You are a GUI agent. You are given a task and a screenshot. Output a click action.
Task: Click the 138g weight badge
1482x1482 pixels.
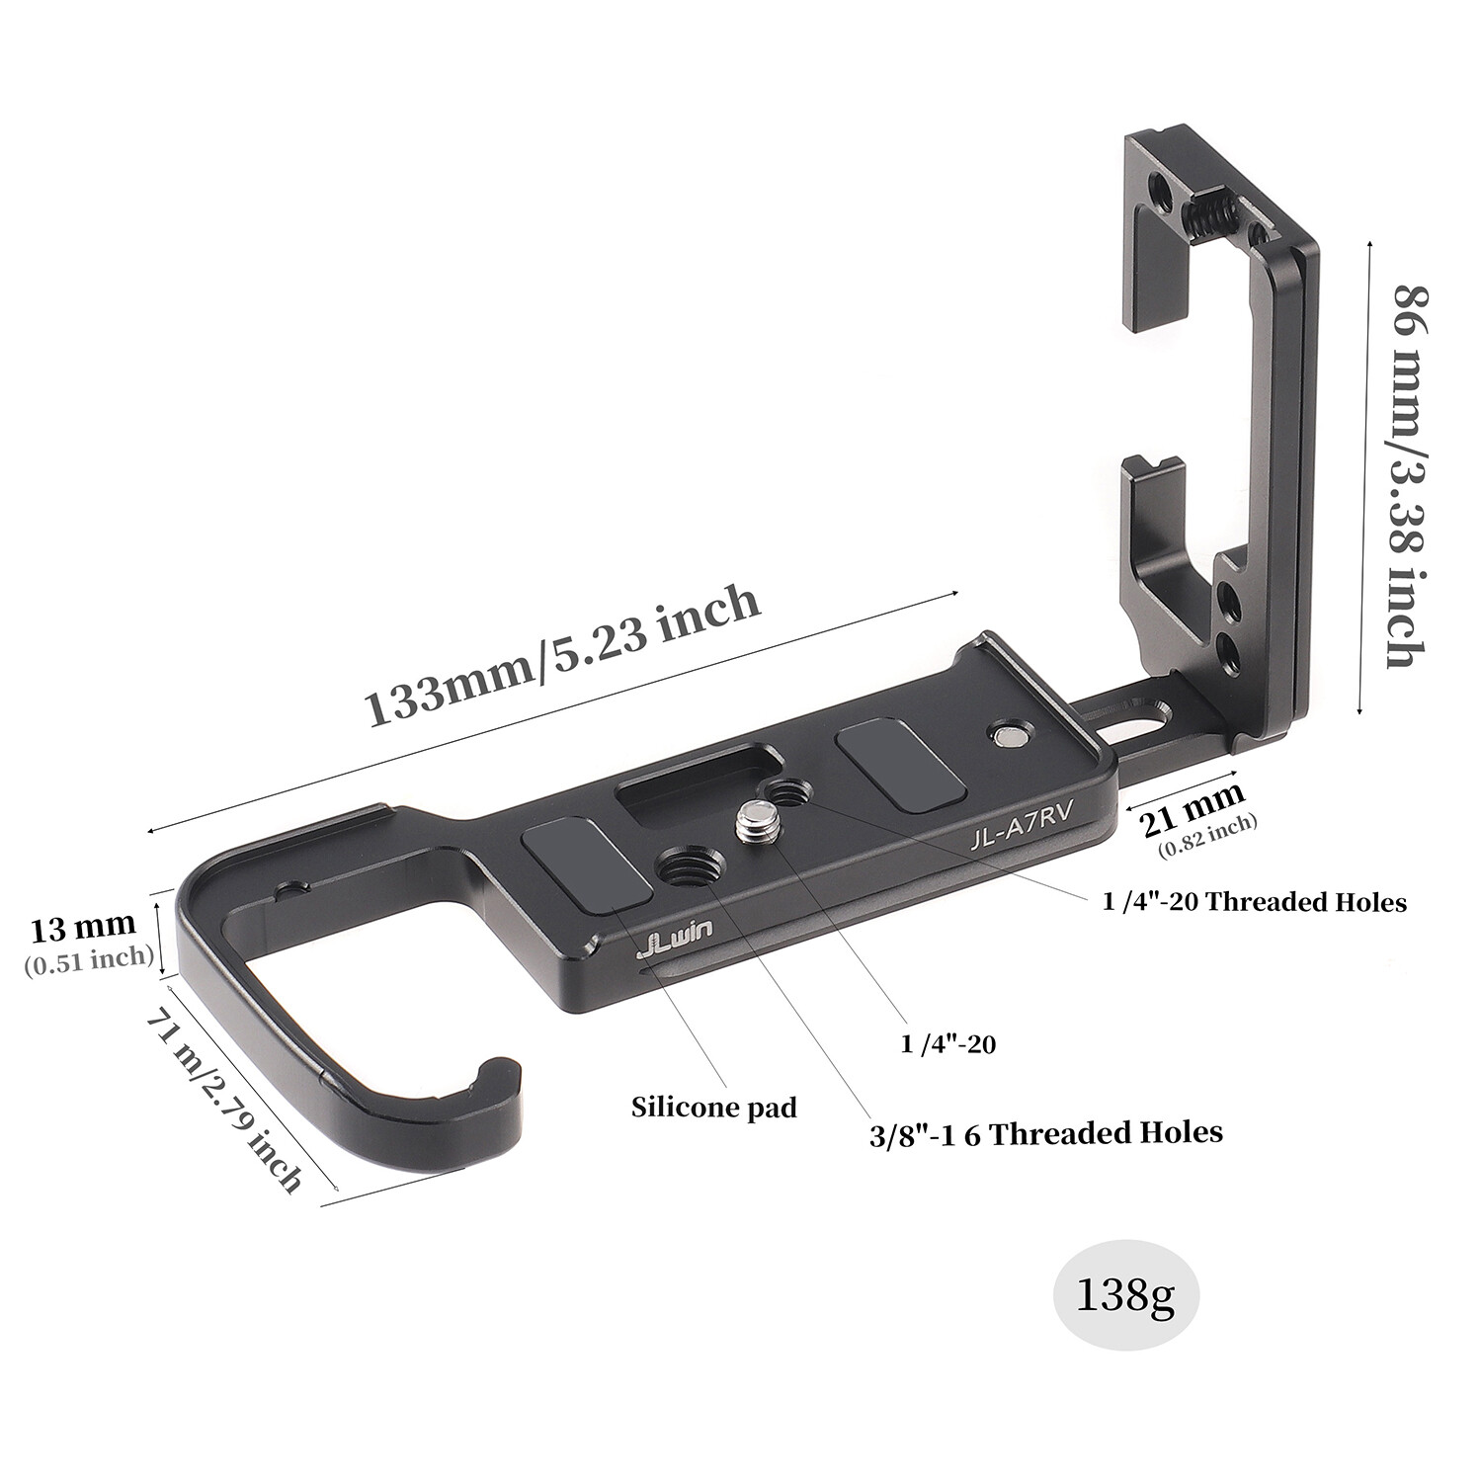(x=1125, y=1295)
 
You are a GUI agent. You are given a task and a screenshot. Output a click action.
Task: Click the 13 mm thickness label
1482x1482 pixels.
(x=82, y=928)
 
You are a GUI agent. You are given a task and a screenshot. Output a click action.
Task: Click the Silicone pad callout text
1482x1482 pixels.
(x=713, y=1107)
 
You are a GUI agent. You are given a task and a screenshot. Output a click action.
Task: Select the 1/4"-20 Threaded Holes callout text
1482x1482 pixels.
(x=1254, y=901)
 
